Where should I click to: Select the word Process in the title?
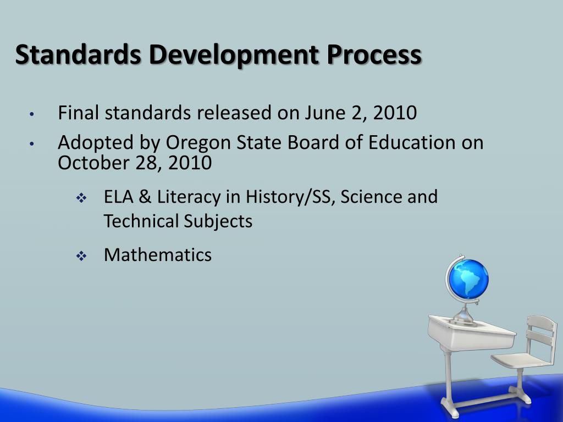(x=374, y=55)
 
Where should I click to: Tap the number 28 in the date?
(x=146, y=163)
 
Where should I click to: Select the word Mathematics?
(x=157, y=255)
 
